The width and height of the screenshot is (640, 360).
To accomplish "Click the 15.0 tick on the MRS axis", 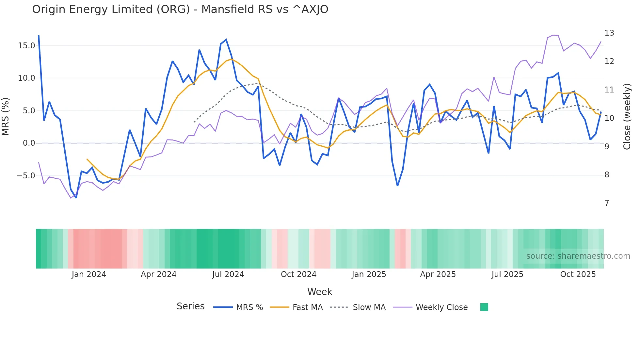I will point(26,46).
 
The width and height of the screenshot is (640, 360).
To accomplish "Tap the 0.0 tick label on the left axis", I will point(29,143).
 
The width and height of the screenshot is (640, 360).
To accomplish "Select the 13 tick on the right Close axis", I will point(609,33).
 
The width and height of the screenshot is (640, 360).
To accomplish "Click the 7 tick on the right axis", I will point(607,203).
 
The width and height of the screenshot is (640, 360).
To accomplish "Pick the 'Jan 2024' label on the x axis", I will point(89,274).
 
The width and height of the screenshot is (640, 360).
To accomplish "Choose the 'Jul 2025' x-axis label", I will point(507,274).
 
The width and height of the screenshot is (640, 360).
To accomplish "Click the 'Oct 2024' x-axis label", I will point(298,274).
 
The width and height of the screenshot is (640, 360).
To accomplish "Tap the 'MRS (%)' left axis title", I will point(5,116).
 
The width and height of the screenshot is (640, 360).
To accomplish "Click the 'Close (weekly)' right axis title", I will point(627,117).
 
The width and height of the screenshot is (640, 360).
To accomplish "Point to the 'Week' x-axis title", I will point(320,292).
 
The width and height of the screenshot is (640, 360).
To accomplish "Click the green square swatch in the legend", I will point(484,307).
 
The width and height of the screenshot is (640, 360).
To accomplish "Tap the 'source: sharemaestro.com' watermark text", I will point(578,256).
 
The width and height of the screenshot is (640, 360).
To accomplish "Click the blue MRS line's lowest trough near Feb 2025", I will point(397,186).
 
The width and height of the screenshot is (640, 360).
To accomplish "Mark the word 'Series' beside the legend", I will point(190,306).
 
